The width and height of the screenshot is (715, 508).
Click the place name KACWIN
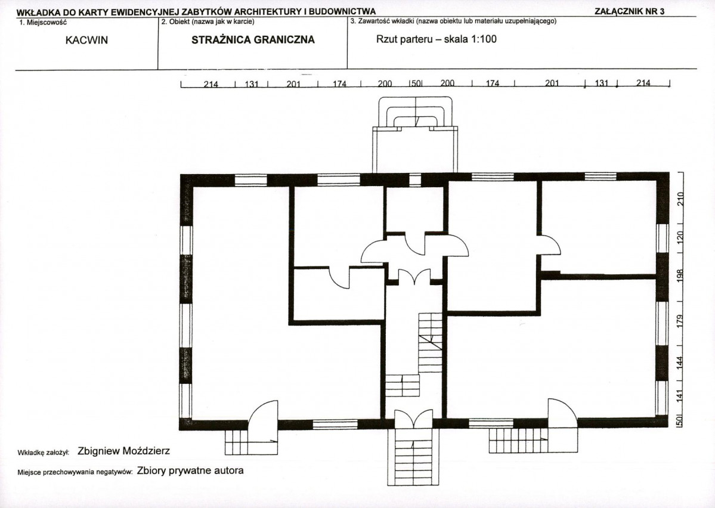(86, 40)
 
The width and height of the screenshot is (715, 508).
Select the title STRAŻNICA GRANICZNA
(253, 40)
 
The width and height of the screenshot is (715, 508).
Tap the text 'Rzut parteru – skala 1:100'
(437, 39)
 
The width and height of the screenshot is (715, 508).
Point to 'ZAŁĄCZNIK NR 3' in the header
(629, 11)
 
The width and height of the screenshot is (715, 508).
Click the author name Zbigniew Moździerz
(124, 451)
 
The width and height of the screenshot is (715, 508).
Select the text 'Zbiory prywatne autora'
(190, 470)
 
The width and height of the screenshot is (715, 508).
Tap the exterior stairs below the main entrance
(414, 457)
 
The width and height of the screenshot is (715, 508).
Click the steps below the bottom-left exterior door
(251, 442)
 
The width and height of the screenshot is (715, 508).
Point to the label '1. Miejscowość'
(44, 22)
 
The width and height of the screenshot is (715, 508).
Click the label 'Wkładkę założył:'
(44, 453)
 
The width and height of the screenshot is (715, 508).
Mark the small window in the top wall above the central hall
(415, 179)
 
